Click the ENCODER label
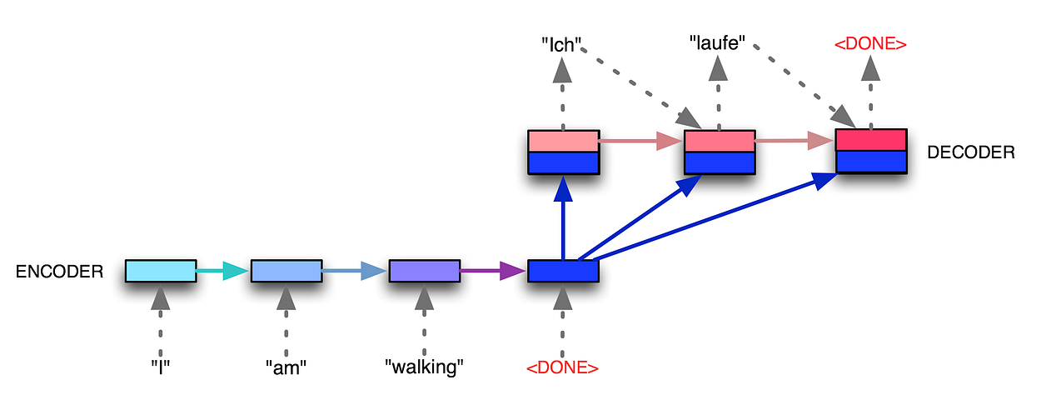59,272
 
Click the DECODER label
970,152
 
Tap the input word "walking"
424,367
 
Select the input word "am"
286,367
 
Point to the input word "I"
161,367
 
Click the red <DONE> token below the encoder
563,367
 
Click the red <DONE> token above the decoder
870,43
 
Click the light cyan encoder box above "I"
161,271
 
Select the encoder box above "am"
286,271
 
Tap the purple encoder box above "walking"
424,271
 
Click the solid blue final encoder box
563,271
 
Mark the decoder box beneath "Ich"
563,152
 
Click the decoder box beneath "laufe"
719,152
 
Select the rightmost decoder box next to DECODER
870,151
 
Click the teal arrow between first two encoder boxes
222,271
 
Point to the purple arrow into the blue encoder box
493,271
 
